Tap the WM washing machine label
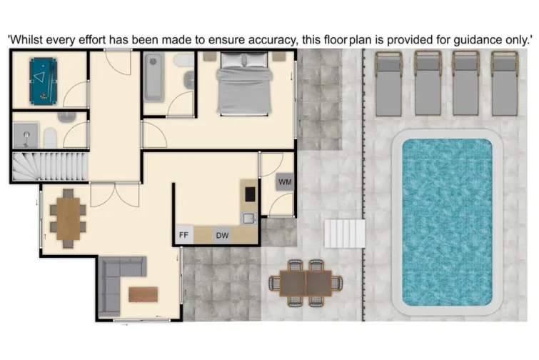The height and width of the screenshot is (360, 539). pyautogui.click(x=285, y=183)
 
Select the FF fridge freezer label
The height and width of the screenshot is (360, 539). pyautogui.click(x=183, y=234)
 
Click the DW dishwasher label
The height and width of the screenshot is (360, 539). pyautogui.click(x=222, y=234)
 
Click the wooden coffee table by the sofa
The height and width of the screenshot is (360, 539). pyautogui.click(x=143, y=294)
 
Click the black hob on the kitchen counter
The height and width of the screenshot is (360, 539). pyautogui.click(x=250, y=193)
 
